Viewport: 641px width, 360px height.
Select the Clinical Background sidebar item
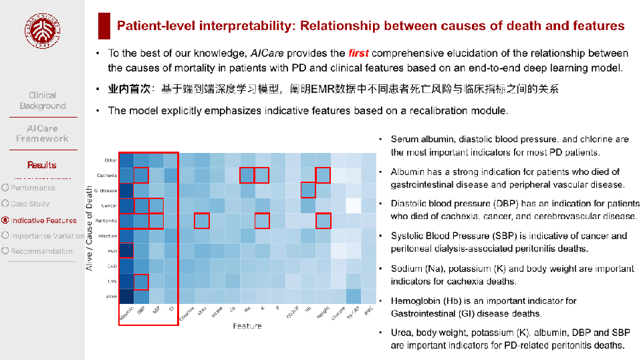click(x=43, y=100)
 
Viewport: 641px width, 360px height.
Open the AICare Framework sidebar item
click(x=43, y=134)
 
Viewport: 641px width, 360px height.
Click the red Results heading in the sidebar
click(x=42, y=165)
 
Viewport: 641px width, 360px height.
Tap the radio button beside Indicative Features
click(x=5, y=220)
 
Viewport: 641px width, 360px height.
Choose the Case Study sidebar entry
click(x=30, y=204)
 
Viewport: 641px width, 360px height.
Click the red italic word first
click(x=358, y=53)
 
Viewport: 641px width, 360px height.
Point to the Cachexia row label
click(x=107, y=176)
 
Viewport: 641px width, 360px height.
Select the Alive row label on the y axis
click(x=111, y=296)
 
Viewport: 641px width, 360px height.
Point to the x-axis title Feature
click(x=247, y=325)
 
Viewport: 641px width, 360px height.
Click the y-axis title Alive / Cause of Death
click(x=90, y=228)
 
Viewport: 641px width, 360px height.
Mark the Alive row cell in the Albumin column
click(x=126, y=296)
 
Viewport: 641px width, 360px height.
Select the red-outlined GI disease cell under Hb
click(x=308, y=190)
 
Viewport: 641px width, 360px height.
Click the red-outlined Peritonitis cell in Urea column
click(x=202, y=220)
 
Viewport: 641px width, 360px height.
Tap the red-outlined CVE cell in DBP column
click(x=141, y=281)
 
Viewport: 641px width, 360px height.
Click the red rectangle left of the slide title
click(x=104, y=26)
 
